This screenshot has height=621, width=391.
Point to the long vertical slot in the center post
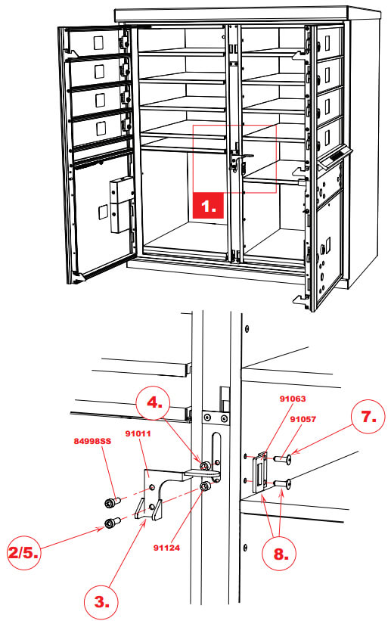click(218, 455)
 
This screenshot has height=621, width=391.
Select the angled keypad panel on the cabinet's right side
click(334, 158)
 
